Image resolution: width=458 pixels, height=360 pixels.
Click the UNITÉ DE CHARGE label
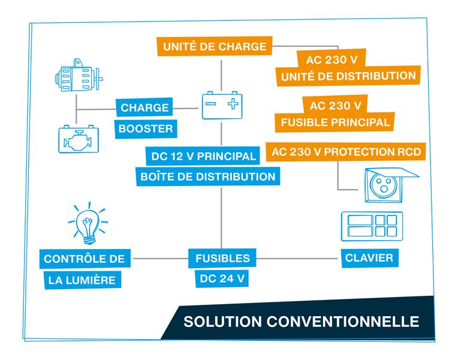pos(215,46)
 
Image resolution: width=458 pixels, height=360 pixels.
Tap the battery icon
pos(222,105)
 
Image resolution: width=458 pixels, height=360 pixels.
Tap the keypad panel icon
pos(372,226)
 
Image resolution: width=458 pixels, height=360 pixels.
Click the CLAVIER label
pos(369,258)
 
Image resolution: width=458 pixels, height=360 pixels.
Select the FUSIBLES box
pos(222,259)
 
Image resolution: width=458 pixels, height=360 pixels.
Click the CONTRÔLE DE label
pos(85,259)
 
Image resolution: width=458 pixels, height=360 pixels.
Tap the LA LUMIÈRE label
pos(82,280)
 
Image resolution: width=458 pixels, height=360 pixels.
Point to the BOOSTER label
pos(145,128)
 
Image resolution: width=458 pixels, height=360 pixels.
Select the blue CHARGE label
pos(144,108)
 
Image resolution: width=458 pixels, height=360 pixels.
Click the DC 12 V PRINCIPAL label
pos(204,157)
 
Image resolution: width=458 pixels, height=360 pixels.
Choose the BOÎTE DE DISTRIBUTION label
pos(208,177)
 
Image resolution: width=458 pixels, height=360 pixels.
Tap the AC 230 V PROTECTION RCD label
pos(346,152)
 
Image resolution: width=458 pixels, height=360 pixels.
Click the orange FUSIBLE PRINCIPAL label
pos(336,122)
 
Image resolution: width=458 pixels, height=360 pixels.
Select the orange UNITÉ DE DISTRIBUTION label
pos(348,76)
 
